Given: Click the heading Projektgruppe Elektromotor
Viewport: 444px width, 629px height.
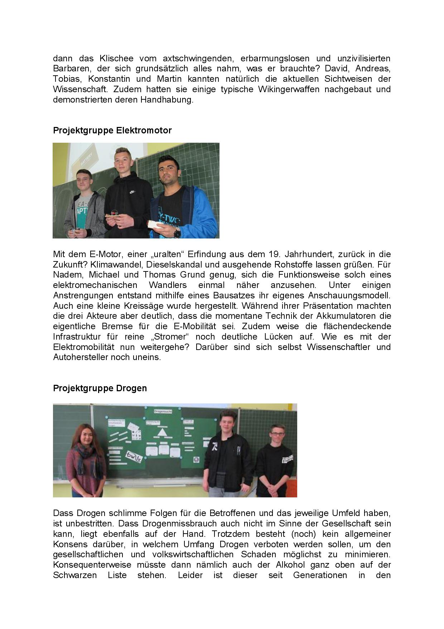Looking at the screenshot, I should point(112,131).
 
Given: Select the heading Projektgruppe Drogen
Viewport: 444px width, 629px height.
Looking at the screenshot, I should point(100,388).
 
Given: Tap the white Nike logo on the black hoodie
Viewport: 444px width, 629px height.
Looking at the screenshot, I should point(132,192).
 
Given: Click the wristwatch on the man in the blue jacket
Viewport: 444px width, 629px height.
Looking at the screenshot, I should point(177,232).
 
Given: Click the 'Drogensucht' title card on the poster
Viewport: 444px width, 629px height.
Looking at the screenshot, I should point(163,411).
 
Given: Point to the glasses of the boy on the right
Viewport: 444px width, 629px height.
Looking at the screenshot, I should point(276,434).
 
